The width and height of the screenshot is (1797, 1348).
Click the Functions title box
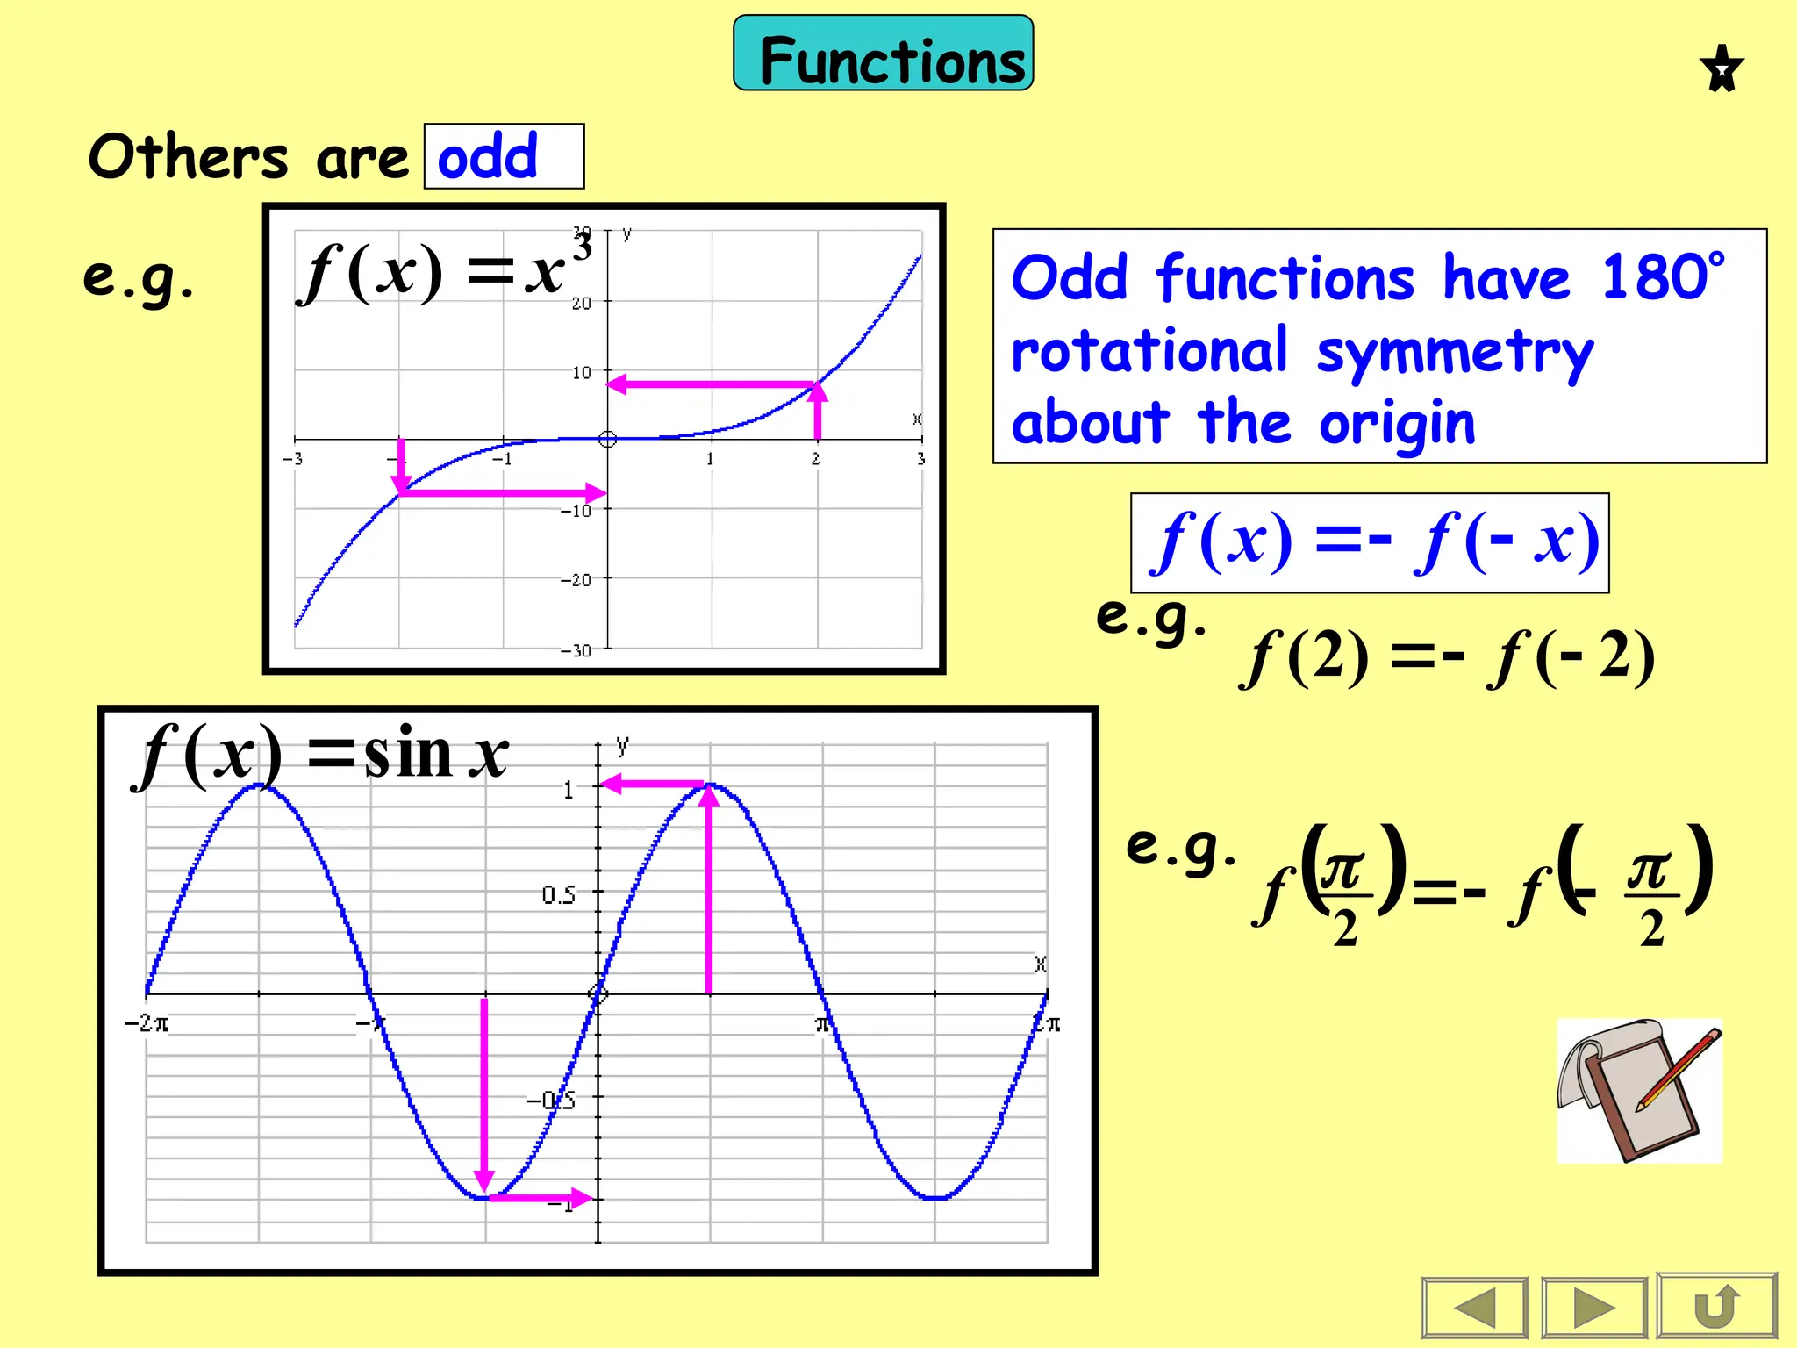tap(883, 54)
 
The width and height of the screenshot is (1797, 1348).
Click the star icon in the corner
tap(1721, 68)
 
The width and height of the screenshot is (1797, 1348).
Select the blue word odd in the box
tap(488, 156)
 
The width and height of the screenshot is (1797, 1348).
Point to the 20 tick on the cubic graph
tap(582, 304)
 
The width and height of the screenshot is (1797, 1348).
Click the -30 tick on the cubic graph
tap(576, 650)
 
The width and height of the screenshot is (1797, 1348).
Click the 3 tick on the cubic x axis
tap(920, 459)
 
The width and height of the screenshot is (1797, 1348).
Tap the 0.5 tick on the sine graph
tap(559, 895)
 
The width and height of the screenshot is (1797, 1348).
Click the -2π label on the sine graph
tap(147, 1023)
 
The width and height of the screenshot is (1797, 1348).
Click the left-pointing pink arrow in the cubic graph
tap(711, 384)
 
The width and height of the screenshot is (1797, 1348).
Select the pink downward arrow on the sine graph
tap(483, 1097)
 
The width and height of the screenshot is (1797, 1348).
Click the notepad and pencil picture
tap(1639, 1091)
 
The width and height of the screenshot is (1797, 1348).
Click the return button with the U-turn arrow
tap(1716, 1307)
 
